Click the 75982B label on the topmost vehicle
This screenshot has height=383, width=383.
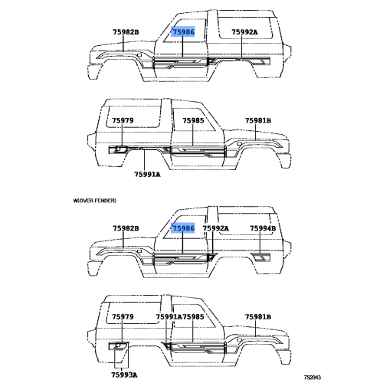click(126, 32)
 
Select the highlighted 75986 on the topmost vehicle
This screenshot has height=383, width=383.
click(183, 32)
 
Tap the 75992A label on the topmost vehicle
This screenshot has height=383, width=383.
click(244, 32)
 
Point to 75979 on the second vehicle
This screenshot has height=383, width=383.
click(123, 120)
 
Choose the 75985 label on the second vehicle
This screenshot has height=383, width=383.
click(193, 120)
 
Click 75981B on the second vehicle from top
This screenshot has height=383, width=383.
click(258, 120)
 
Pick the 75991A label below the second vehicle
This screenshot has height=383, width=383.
click(147, 175)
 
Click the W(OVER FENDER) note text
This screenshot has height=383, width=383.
click(95, 201)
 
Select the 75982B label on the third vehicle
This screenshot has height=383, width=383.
click(126, 228)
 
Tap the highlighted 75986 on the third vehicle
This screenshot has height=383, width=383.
click(183, 228)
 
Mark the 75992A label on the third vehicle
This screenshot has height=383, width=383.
click(216, 228)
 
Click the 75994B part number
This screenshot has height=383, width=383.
click(263, 228)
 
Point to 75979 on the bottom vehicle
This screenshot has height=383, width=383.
click(123, 316)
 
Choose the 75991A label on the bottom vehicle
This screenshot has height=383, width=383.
click(169, 316)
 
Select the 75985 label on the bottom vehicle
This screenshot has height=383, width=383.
click(193, 316)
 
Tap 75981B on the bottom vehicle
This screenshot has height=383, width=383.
click(258, 316)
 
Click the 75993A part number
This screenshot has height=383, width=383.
click(124, 375)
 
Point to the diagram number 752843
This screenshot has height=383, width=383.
click(312, 378)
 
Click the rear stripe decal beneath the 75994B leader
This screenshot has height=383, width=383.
click(260, 257)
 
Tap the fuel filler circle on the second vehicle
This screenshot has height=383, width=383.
click(118, 149)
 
